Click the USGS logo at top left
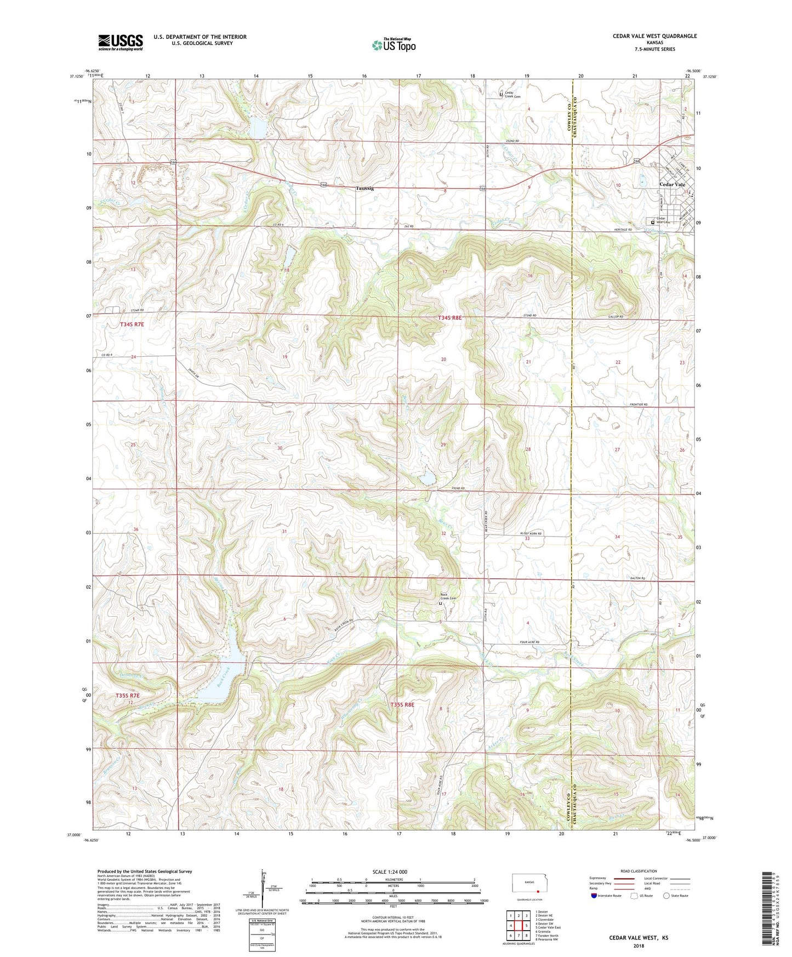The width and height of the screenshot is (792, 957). [x=121, y=42]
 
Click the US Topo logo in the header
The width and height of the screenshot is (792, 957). [x=394, y=45]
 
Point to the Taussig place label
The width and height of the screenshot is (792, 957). [x=365, y=188]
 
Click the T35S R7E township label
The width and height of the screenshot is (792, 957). [x=128, y=696]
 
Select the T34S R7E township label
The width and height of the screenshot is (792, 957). [x=132, y=324]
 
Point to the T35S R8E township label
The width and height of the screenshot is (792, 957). [x=402, y=704]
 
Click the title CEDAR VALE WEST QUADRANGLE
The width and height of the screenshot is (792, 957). [x=654, y=36]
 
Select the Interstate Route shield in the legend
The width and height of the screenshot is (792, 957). [x=595, y=896]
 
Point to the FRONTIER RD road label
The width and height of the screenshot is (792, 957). [x=638, y=405]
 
